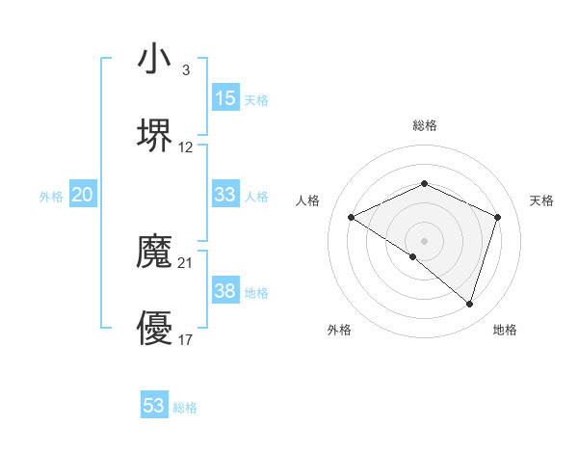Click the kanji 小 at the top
[154, 60]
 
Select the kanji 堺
[154, 136]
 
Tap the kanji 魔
[154, 253]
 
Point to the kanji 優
[154, 329]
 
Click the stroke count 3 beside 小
[185, 70]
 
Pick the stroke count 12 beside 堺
[186, 147]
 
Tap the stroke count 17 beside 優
[186, 339]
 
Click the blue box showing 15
[224, 98]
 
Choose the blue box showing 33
[224, 195]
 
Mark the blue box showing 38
[224, 291]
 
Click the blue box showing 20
[82, 195]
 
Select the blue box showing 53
[154, 406]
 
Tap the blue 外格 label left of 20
[51, 197]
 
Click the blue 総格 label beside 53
[185, 408]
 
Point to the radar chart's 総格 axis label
[424, 126]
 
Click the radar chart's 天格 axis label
[541, 200]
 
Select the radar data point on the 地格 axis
[469, 304]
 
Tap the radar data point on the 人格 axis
[352, 218]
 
